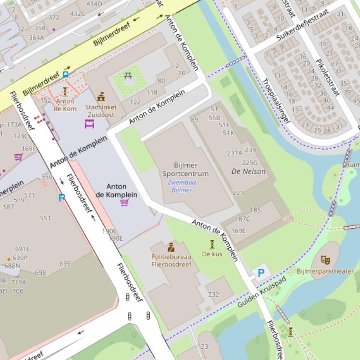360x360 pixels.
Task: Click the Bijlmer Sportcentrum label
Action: [185, 169]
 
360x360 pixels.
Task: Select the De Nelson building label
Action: [248, 171]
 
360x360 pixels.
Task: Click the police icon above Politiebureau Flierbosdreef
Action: [171, 247]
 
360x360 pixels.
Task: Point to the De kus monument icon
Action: [212, 244]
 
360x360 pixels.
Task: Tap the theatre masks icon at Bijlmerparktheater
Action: [325, 259]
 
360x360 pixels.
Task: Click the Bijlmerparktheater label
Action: [325, 271]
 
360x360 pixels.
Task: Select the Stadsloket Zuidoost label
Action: [101, 110]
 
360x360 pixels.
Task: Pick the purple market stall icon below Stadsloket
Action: [89, 124]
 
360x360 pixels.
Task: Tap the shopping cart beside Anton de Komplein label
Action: [125, 202]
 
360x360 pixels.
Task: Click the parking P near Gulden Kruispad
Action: [261, 273]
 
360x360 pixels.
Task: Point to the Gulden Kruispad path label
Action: [261, 292]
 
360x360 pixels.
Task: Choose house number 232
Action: [213, 294]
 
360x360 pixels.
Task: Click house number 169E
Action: [238, 230]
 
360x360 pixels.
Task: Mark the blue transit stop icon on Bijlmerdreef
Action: [65, 73]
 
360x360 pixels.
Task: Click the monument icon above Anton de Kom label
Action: [65, 91]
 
